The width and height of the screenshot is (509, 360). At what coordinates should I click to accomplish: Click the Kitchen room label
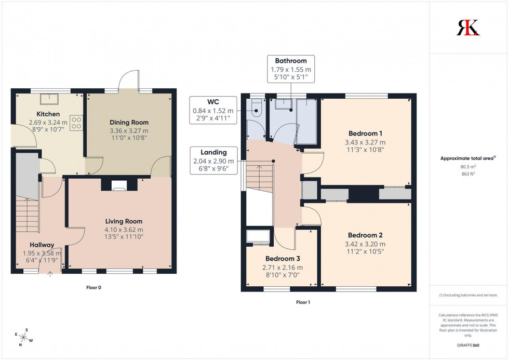[48, 114]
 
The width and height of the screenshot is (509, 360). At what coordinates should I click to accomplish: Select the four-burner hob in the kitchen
[77, 123]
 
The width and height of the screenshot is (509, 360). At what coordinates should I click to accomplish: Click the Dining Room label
[129, 122]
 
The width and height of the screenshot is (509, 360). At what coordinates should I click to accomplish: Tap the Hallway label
[42, 245]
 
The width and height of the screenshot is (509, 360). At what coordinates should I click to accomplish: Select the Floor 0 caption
[93, 287]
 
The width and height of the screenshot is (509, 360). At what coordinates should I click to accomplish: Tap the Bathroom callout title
[291, 61]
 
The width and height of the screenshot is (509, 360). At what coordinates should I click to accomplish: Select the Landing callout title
[214, 152]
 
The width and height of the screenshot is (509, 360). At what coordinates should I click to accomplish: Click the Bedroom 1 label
[365, 134]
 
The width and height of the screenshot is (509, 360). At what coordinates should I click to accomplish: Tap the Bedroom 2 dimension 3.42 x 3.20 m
[365, 244]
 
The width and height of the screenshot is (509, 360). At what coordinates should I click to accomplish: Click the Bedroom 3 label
[283, 259]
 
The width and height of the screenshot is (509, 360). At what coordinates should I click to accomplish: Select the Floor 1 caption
[304, 302]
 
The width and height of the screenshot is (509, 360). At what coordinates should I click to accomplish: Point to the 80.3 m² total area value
[468, 167]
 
